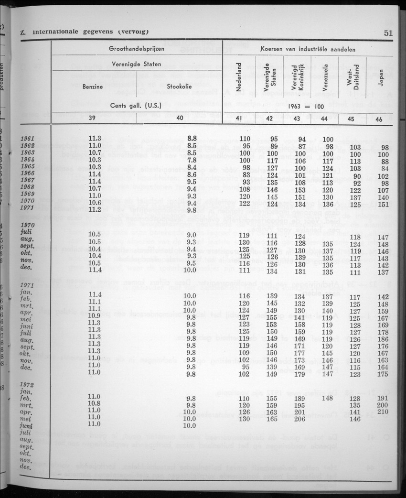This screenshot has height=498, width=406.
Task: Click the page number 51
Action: point(387,32)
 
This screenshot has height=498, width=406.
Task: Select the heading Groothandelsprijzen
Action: point(137,49)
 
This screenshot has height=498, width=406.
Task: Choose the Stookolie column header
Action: point(180,87)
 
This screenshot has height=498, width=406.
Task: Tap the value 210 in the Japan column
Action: point(383,411)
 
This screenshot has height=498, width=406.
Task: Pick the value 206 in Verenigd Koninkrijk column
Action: point(299,419)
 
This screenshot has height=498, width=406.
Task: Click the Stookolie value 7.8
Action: point(192,160)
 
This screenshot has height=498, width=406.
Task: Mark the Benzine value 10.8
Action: point(95,403)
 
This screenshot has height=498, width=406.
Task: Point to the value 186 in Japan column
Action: point(383,338)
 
